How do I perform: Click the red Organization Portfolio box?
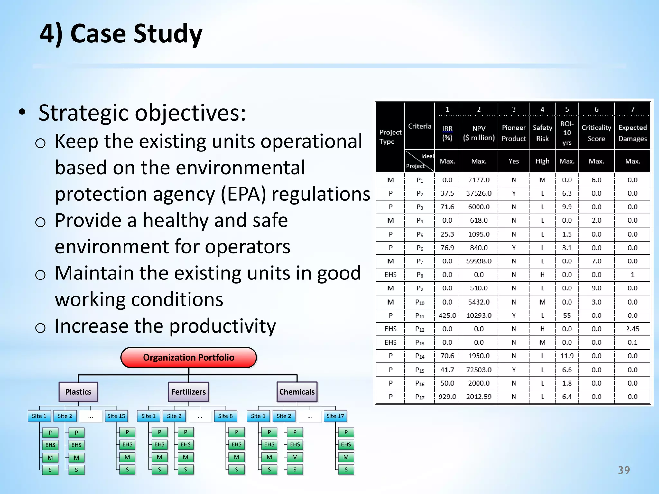pos(189,357)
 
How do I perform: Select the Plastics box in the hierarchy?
pos(78,392)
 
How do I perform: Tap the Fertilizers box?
pos(189,392)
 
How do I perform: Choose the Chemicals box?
pos(297,392)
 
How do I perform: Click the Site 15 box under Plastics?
pos(116,416)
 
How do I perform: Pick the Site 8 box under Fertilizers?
pos(225,416)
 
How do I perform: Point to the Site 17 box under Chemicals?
pos(335,416)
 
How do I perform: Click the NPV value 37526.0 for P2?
pos(479,193)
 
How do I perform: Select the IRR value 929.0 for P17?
pos(447,397)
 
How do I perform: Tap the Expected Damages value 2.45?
pos(632,329)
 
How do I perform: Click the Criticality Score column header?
pos(596,133)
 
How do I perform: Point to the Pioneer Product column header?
pos(514,133)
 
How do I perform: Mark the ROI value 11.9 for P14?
pos(567,356)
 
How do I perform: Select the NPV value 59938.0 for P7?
pos(479,261)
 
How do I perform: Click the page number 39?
pos(624,470)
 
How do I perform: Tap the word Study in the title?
pos(168,34)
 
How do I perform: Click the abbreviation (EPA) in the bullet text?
pos(244,194)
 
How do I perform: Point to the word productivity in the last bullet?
pos(222,326)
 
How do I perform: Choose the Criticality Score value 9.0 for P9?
pos(596,288)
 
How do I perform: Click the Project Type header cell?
pos(390,137)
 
